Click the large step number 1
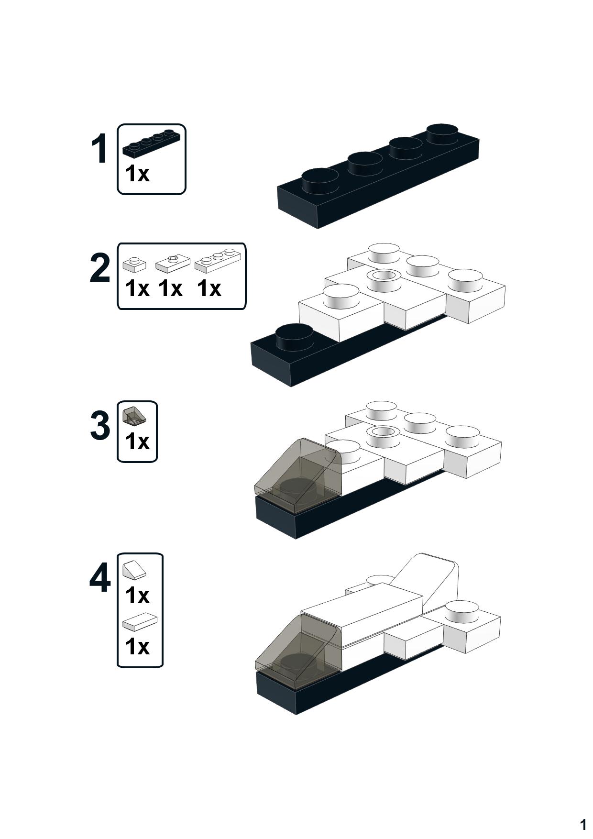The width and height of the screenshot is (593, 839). coord(100,149)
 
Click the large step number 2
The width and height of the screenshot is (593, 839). coord(100,268)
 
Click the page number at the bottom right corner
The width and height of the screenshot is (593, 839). coord(583,824)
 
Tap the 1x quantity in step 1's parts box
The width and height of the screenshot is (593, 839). coord(137,174)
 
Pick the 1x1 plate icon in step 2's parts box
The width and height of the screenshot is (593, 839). coord(134,265)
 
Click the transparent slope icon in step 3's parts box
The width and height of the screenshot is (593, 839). coord(134,416)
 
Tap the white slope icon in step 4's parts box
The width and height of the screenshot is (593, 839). coord(134,570)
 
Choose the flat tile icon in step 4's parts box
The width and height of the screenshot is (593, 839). coord(140,622)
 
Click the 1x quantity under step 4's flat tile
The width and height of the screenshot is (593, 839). coord(137,647)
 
